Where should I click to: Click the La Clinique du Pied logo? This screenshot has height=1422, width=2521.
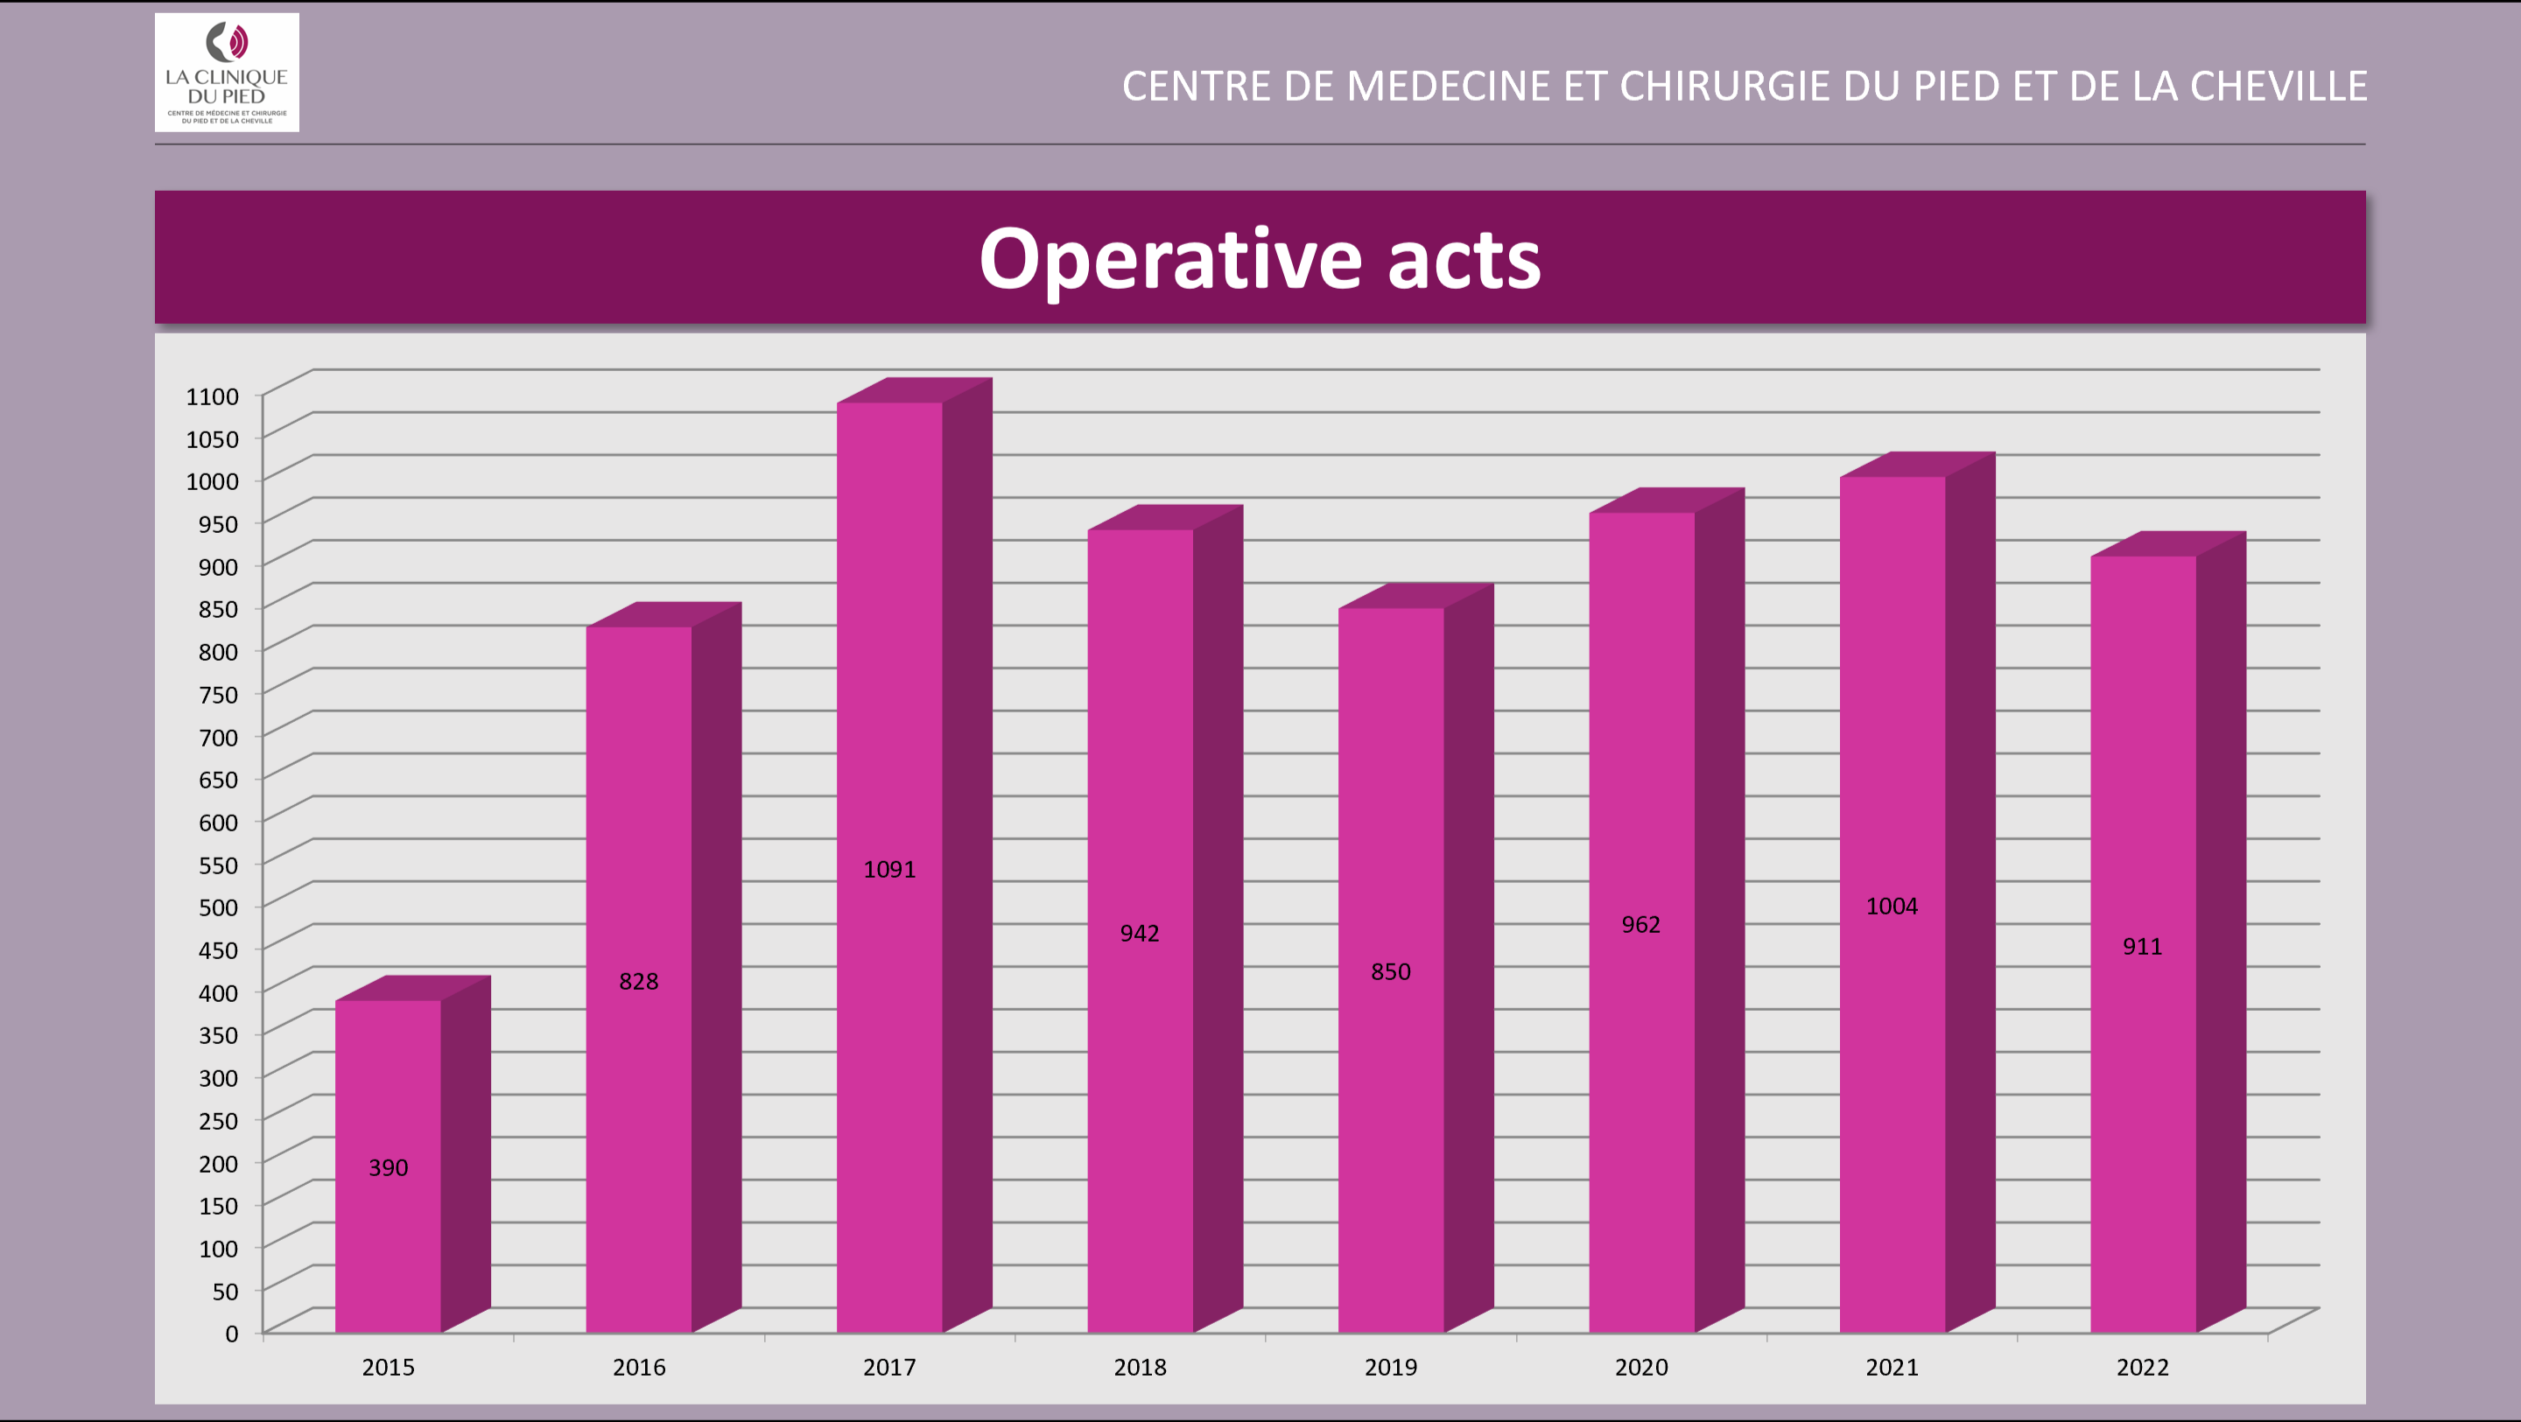pos(226,73)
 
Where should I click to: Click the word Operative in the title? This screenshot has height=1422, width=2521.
pos(1169,260)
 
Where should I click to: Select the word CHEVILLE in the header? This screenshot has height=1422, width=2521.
pos(2279,86)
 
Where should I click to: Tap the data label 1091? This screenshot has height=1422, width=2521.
pos(888,869)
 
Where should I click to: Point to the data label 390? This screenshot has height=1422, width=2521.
pos(388,1167)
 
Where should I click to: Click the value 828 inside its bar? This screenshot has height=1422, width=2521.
pos(638,982)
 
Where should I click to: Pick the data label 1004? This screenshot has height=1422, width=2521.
pos(1891,907)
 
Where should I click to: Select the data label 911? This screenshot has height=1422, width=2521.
pos(2141,946)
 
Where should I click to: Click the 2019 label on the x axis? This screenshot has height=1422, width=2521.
pos(1390,1367)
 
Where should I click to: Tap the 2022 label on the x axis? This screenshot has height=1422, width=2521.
pos(2141,1367)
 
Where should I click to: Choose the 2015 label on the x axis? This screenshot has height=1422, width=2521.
pos(388,1367)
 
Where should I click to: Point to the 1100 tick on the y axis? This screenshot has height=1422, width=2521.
pos(213,396)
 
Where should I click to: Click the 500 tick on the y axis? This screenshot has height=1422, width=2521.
pos(217,907)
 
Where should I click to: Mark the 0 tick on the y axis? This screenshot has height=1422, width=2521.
pos(231,1334)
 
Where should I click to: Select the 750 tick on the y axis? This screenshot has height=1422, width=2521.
pos(217,695)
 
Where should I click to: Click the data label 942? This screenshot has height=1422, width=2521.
pos(1139,934)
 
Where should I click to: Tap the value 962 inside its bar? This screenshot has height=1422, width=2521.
pos(1640,925)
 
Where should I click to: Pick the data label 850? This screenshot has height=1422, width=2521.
pos(1390,972)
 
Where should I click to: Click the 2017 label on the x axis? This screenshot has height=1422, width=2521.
pos(888,1367)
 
